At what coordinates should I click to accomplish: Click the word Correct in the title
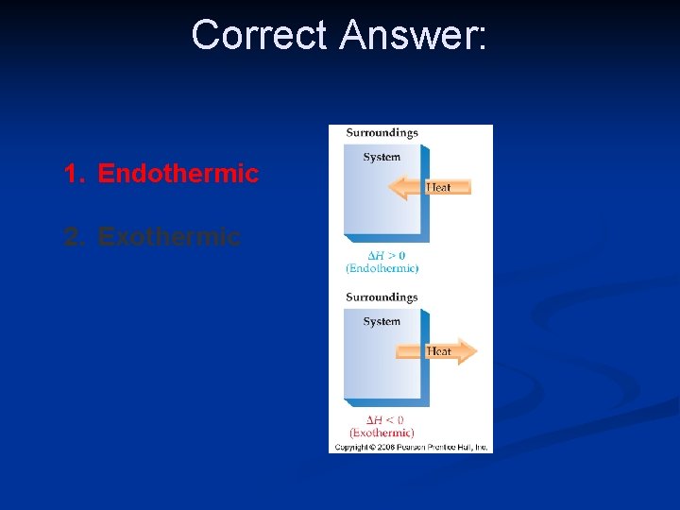259,36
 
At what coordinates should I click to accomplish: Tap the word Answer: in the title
414,36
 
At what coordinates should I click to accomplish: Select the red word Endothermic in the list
178,174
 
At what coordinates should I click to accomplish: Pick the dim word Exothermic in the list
169,236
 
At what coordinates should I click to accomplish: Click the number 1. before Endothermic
76,174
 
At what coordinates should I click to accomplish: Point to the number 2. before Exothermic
76,236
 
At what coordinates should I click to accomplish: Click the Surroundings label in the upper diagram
382,133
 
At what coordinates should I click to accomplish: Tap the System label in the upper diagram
382,157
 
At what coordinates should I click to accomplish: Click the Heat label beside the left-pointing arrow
439,187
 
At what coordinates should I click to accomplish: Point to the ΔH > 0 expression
382,256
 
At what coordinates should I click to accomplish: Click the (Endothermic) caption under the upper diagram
382,268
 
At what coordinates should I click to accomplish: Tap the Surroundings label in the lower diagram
382,297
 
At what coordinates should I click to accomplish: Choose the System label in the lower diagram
382,321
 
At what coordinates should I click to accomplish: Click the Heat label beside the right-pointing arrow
438,351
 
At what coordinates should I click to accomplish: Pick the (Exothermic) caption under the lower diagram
382,433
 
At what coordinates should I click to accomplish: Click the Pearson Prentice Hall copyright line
411,447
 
